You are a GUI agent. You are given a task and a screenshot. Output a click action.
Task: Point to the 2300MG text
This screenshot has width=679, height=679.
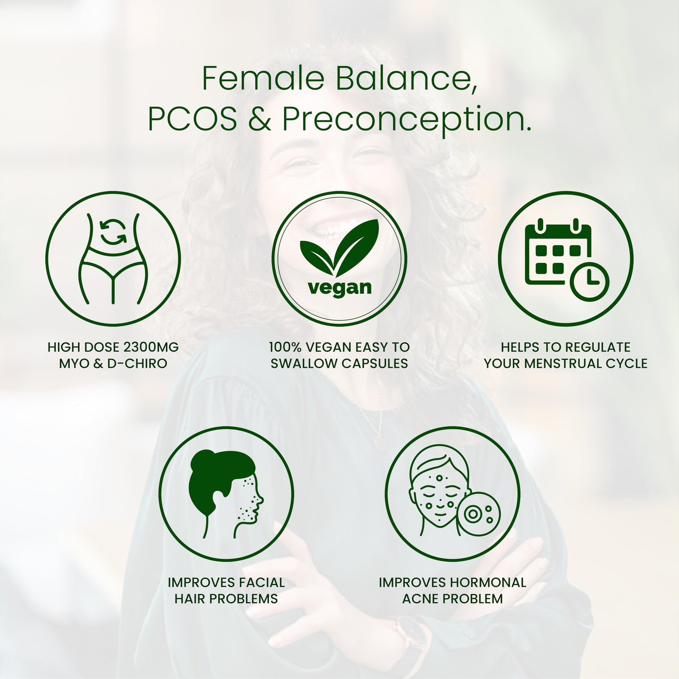[151, 347]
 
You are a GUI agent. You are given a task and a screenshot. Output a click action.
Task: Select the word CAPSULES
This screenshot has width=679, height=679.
[375, 363]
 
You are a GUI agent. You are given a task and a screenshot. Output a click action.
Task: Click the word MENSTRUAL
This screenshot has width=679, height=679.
[564, 363]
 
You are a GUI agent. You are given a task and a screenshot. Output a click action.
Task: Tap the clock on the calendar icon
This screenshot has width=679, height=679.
[589, 281]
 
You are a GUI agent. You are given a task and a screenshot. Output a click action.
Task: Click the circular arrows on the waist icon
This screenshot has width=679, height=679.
[113, 231]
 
